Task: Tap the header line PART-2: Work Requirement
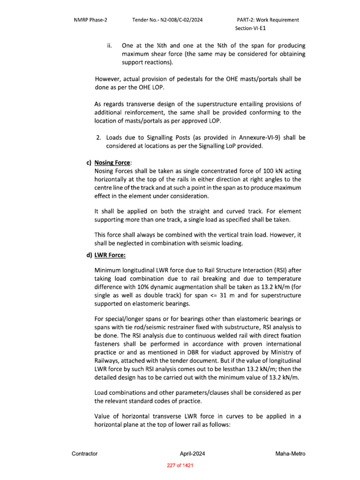[x=268, y=20]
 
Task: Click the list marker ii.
[x=109, y=46]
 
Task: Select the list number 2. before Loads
[x=98, y=138]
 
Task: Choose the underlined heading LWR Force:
[x=110, y=255]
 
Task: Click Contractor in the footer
[x=84, y=454]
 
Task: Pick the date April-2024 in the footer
[x=192, y=454]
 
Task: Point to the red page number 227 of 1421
[x=180, y=465]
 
